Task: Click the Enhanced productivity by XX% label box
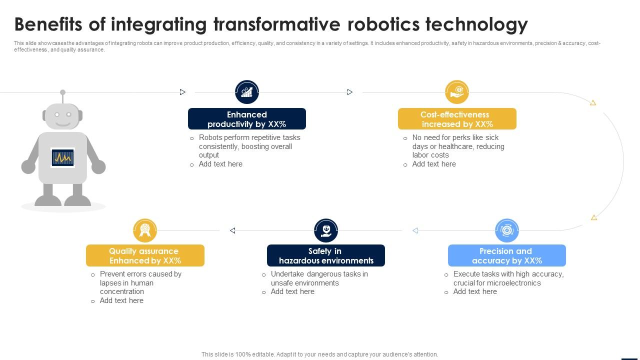[246, 119]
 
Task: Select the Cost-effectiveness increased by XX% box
[456, 119]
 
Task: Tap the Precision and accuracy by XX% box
[506, 255]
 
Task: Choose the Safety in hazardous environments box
[325, 255]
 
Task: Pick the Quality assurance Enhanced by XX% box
[145, 255]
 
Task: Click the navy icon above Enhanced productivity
[246, 92]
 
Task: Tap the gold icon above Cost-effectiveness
[456, 92]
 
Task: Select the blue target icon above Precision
[506, 230]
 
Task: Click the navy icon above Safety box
[325, 230]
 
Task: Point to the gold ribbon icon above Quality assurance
[145, 230]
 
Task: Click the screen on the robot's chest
[62, 158]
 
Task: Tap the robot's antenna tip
[62, 92]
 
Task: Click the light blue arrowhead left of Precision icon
[415, 230]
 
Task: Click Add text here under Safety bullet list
[292, 291]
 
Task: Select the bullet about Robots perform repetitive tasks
[249, 146]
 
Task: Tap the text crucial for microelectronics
[496, 283]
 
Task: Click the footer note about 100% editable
[319, 354]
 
